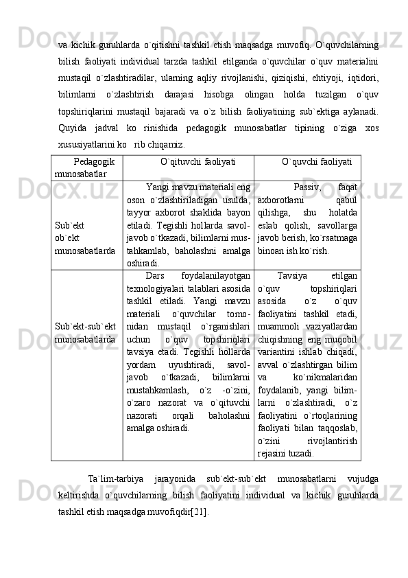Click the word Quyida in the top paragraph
click(73, 130)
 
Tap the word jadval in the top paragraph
click(127, 130)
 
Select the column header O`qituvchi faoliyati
click(188, 161)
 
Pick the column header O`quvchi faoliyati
click(317, 161)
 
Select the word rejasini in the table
click(274, 453)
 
